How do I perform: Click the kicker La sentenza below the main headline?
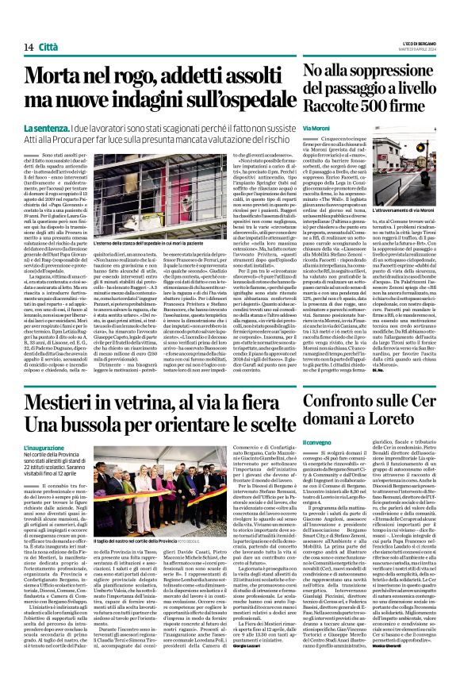tap(70, 127)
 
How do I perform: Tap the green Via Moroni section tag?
tap(317, 127)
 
